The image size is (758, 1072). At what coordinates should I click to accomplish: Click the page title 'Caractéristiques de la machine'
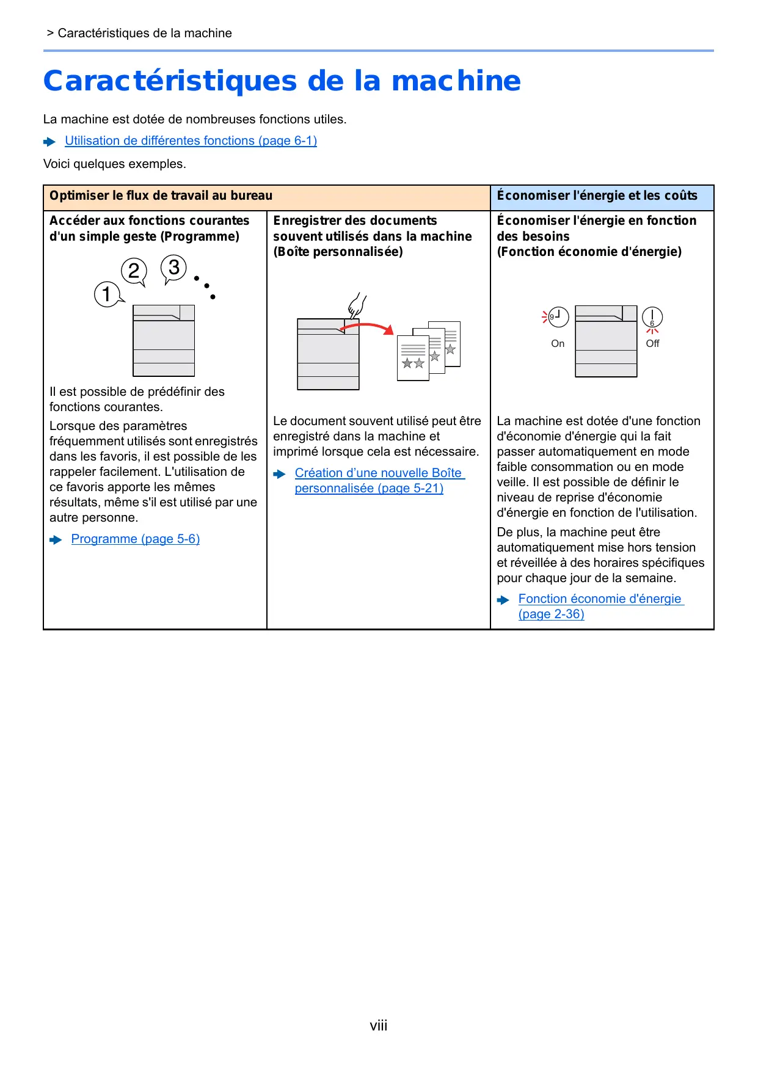point(282,81)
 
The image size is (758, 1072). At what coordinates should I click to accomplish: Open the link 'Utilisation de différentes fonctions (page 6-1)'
point(191,140)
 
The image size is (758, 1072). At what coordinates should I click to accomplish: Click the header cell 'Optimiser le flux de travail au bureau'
point(161,195)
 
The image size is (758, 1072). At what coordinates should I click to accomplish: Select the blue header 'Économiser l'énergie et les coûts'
point(597,195)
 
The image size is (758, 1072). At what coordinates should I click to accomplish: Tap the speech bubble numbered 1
point(107,294)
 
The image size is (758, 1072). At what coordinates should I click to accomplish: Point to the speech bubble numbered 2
point(134,271)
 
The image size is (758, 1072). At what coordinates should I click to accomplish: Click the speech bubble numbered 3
point(173,268)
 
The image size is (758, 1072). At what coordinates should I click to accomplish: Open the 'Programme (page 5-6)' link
point(136,539)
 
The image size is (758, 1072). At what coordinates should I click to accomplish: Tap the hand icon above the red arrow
point(356,305)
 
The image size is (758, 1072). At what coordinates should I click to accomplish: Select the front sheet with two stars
point(413,358)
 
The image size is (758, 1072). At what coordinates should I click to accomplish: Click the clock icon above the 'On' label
point(558,317)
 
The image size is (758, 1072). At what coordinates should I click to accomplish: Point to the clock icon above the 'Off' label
point(652,318)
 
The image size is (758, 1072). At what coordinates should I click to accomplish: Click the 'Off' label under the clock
point(652,343)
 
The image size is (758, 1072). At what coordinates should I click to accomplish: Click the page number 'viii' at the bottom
point(379,1026)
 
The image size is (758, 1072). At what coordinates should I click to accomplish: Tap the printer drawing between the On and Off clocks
point(606,341)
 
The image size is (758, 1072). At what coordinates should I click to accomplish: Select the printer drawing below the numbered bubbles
point(164,340)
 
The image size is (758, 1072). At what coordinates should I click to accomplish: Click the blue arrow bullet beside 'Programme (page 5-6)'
point(56,539)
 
